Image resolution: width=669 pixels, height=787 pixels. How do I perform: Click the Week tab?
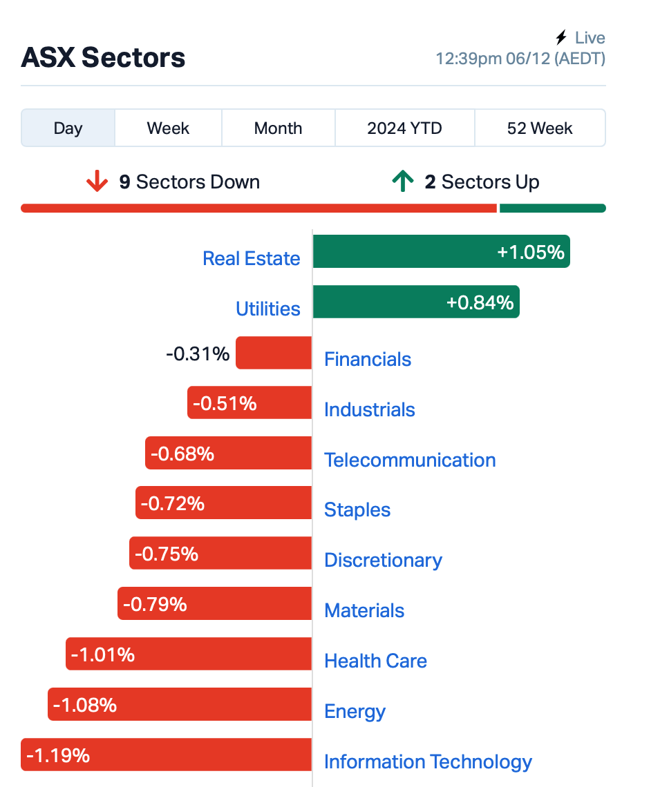[168, 128]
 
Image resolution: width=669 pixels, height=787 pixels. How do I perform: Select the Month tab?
[278, 128]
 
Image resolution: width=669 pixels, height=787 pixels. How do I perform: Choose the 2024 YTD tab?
[404, 128]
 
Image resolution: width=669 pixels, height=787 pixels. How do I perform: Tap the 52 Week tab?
[540, 128]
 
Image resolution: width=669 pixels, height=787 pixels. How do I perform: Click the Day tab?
[68, 128]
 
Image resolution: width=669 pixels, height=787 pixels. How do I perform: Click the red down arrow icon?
[97, 181]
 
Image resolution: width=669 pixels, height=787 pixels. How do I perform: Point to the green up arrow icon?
[403, 181]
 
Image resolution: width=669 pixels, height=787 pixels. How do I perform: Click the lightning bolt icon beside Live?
[561, 37]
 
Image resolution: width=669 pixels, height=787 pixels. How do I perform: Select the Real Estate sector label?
[252, 258]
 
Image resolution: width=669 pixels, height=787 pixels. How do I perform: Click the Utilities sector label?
[268, 309]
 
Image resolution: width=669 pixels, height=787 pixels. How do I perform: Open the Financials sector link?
[368, 360]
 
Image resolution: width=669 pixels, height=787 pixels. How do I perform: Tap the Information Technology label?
[428, 761]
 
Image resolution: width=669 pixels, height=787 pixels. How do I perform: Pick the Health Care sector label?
[375, 661]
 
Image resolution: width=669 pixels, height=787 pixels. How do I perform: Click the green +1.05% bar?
[442, 251]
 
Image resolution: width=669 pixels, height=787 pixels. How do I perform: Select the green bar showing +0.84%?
[416, 302]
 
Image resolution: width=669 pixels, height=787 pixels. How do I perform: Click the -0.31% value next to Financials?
[198, 354]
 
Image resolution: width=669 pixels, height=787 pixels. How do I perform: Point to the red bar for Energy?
[180, 704]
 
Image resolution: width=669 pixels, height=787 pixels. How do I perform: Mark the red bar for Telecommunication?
[228, 453]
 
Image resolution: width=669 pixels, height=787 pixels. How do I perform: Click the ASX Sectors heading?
[103, 57]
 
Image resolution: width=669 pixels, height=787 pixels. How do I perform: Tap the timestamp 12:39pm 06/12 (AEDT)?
[520, 59]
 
